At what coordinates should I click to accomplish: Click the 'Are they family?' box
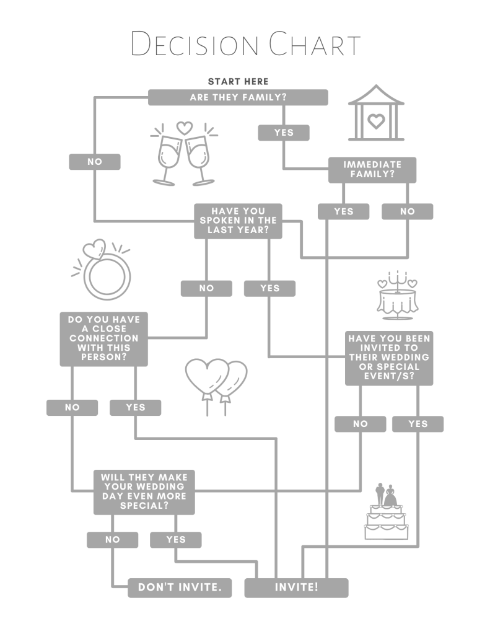pyautogui.click(x=238, y=97)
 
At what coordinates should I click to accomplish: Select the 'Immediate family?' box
pyautogui.click(x=372, y=170)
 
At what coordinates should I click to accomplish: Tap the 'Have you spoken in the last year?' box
pyautogui.click(x=238, y=221)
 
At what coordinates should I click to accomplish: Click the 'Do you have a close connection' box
pyautogui.click(x=103, y=338)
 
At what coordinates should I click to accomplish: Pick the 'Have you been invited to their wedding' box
pyautogui.click(x=388, y=358)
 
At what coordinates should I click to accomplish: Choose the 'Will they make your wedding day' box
pyautogui.click(x=144, y=491)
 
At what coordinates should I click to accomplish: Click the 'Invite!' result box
pyautogui.click(x=296, y=587)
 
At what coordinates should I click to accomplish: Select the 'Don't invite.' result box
pyautogui.click(x=180, y=587)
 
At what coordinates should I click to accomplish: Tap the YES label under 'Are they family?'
pyautogui.click(x=284, y=132)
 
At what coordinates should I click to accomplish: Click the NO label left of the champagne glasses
pyautogui.click(x=94, y=162)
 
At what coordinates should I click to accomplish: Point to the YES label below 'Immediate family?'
pyautogui.click(x=343, y=211)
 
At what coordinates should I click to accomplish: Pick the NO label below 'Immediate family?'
pyautogui.click(x=407, y=211)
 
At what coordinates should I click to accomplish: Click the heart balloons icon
pyautogui.click(x=216, y=384)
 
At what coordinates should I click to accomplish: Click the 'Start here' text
pyautogui.click(x=238, y=81)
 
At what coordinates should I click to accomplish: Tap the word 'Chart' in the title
pyautogui.click(x=314, y=45)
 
